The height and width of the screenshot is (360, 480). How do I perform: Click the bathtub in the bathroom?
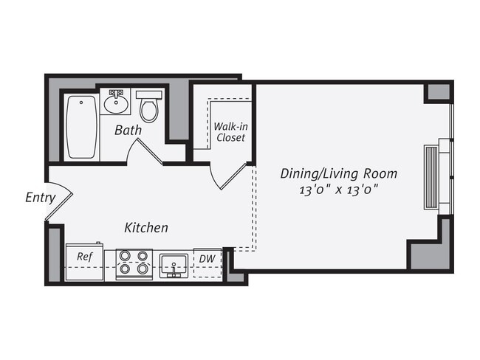(x=83, y=126)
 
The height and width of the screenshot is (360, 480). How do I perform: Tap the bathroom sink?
(x=117, y=102)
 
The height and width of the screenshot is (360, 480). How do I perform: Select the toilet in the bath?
(x=150, y=106)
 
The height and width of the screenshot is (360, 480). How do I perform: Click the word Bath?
(x=128, y=131)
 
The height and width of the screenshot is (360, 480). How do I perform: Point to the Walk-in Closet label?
(x=230, y=131)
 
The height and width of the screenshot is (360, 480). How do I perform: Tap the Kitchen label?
(x=145, y=228)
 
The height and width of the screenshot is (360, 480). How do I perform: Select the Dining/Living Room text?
(x=338, y=174)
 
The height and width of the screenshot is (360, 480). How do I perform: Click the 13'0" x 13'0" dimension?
(x=338, y=190)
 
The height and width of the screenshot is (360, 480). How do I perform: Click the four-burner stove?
(x=133, y=263)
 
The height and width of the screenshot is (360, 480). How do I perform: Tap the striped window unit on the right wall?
(x=432, y=177)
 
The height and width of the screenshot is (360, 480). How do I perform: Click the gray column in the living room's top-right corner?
(x=438, y=93)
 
